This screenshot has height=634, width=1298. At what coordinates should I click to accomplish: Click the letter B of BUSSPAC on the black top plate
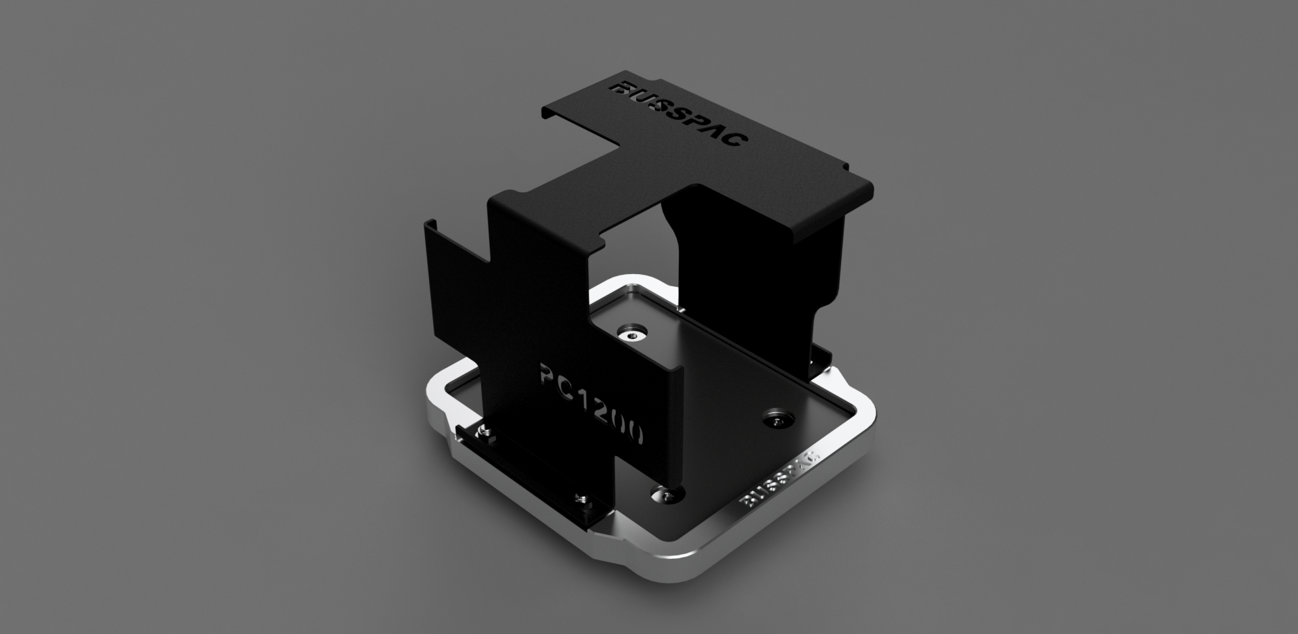[146, 89]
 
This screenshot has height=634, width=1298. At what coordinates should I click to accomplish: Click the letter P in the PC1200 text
[549, 373]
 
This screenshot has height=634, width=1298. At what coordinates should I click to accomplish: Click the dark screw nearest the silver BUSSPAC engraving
[775, 420]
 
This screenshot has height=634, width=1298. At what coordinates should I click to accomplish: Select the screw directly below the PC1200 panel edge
[667, 495]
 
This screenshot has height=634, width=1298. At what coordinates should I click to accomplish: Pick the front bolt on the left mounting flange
[581, 499]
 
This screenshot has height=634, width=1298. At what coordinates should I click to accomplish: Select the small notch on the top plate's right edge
[843, 166]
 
